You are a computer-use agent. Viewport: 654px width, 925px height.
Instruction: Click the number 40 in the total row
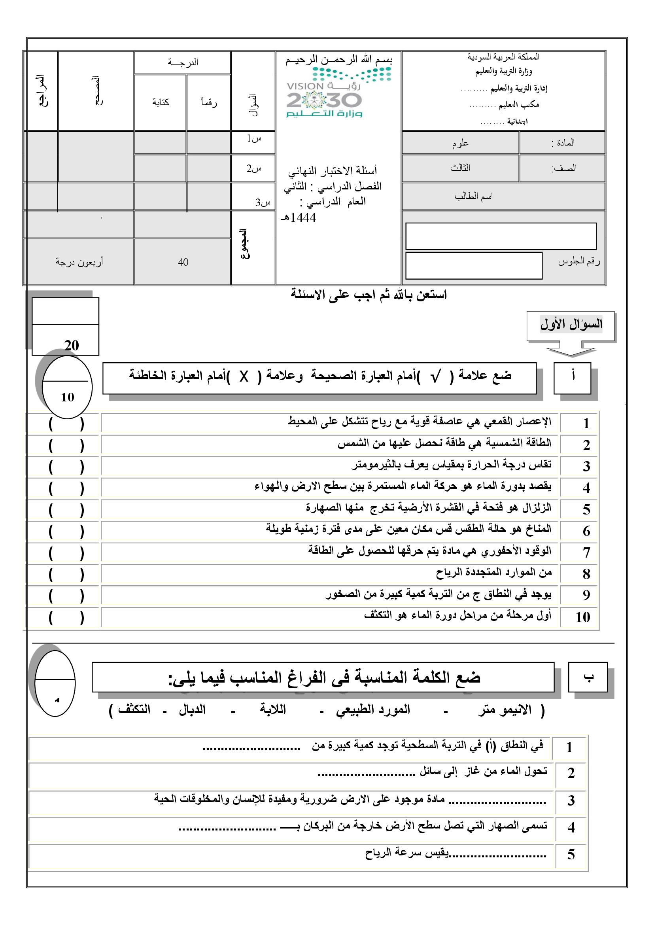(x=183, y=262)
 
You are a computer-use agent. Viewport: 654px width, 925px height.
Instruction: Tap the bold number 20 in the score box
(x=71, y=345)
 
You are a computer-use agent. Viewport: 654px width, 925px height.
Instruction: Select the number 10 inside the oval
(x=67, y=397)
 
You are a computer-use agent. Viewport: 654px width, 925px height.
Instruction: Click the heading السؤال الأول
(x=571, y=324)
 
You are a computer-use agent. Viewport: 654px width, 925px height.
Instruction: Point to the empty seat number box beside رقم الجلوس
(x=474, y=265)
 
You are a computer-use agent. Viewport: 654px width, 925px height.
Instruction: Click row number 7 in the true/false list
(x=586, y=553)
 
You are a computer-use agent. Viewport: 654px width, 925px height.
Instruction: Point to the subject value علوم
(x=460, y=143)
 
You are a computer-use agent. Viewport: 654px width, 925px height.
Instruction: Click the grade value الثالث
(x=460, y=168)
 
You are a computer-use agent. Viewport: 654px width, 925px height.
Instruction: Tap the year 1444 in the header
(x=302, y=218)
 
